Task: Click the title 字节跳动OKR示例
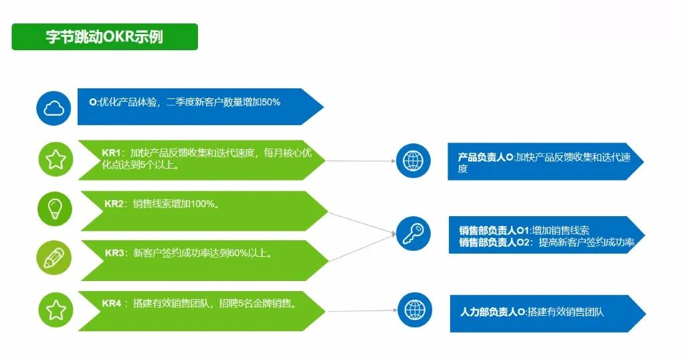104,37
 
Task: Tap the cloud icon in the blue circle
54,107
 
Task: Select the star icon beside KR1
56,159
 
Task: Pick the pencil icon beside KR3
54,258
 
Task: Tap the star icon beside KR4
56,309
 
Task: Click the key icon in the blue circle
413,234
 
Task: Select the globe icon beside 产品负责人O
413,161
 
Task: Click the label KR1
111,153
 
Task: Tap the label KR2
114,204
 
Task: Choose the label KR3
114,253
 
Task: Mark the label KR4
112,303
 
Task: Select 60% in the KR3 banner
235,253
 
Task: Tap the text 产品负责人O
485,157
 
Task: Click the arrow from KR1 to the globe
361,161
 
